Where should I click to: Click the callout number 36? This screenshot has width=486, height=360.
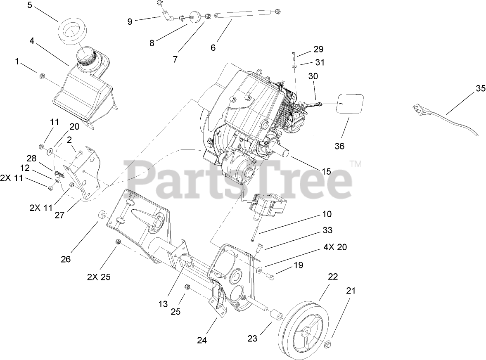pyautogui.click(x=339, y=146)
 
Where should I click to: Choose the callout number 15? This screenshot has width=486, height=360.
pyautogui.click(x=326, y=171)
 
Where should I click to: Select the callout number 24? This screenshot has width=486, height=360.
pyautogui.click(x=202, y=340)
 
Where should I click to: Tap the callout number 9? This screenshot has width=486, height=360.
pyautogui.click(x=130, y=21)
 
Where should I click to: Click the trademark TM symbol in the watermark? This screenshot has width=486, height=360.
pyautogui.click(x=356, y=164)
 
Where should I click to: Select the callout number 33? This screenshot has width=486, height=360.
pyautogui.click(x=327, y=230)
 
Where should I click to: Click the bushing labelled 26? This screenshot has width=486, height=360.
pyautogui.click(x=102, y=216)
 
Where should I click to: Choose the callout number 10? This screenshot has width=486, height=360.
pyautogui.click(x=327, y=214)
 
